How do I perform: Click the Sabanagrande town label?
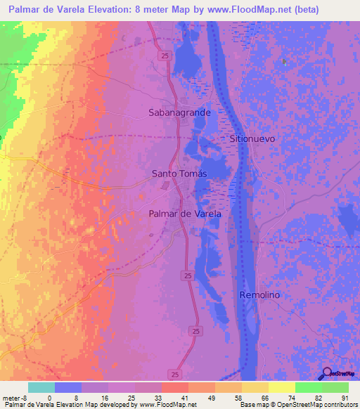[x=179, y=112]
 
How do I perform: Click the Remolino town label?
[x=259, y=295]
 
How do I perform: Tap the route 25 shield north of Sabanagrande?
[x=163, y=56]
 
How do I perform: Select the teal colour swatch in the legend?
[x=41, y=387]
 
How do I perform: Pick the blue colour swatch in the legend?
[x=68, y=387]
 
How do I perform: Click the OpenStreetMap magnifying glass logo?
[x=327, y=374]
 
